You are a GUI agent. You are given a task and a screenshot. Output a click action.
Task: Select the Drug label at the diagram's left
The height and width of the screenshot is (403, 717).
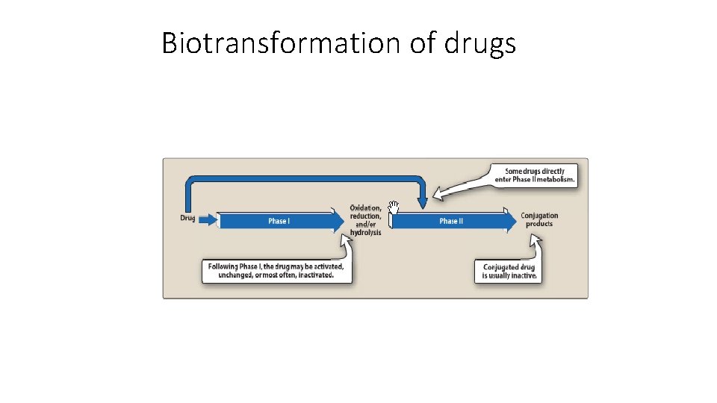coord(187,218)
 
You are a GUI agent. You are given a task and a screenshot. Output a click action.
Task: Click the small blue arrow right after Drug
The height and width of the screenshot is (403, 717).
coord(208,219)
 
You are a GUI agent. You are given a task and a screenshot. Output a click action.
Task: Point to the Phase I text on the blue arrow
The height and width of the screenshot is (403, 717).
coord(279,221)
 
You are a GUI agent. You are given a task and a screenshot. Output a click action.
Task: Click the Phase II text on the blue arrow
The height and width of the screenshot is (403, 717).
coord(451,221)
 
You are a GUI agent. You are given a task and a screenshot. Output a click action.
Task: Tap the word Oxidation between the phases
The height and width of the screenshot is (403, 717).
coord(365,208)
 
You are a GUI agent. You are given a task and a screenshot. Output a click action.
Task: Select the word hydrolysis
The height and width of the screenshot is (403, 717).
coord(365,233)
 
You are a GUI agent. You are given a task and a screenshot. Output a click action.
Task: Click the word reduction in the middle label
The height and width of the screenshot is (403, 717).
coord(365,216)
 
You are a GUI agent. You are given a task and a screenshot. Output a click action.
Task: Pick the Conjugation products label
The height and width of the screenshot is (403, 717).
coord(539,219)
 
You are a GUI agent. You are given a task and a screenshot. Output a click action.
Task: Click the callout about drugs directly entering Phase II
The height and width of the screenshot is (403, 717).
coord(535,175)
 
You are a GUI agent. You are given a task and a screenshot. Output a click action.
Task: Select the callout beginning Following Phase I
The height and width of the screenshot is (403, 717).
coord(276,270)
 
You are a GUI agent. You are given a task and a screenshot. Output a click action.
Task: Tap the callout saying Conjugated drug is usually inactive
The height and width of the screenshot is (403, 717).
coord(509,271)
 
